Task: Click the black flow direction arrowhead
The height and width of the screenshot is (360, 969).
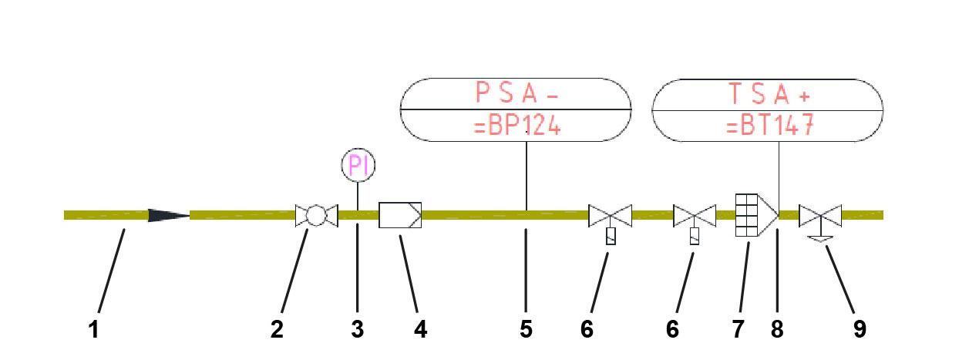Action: (x=168, y=215)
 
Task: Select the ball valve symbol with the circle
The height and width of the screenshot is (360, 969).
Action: (x=317, y=215)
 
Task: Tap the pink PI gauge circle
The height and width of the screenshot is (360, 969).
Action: (x=357, y=166)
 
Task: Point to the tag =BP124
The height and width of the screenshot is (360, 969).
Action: (x=516, y=125)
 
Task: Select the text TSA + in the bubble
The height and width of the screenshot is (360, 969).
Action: (x=768, y=93)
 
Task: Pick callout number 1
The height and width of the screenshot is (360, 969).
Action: (x=93, y=330)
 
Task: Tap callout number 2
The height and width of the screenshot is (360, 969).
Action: (x=277, y=330)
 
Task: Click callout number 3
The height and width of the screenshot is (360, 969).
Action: (x=357, y=330)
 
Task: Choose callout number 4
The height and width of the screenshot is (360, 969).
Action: (x=420, y=330)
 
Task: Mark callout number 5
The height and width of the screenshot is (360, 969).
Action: (x=526, y=330)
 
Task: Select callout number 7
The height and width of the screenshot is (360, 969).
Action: (x=738, y=330)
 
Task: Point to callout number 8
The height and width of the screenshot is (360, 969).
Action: (x=777, y=330)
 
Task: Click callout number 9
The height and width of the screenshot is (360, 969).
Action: (x=860, y=330)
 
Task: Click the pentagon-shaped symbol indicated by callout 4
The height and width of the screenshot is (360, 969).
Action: (x=400, y=215)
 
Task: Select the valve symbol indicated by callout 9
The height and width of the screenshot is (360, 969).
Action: (x=820, y=215)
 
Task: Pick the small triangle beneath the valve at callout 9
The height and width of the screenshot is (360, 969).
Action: (x=820, y=239)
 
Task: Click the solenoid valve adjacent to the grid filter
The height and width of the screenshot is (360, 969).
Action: (x=695, y=217)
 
